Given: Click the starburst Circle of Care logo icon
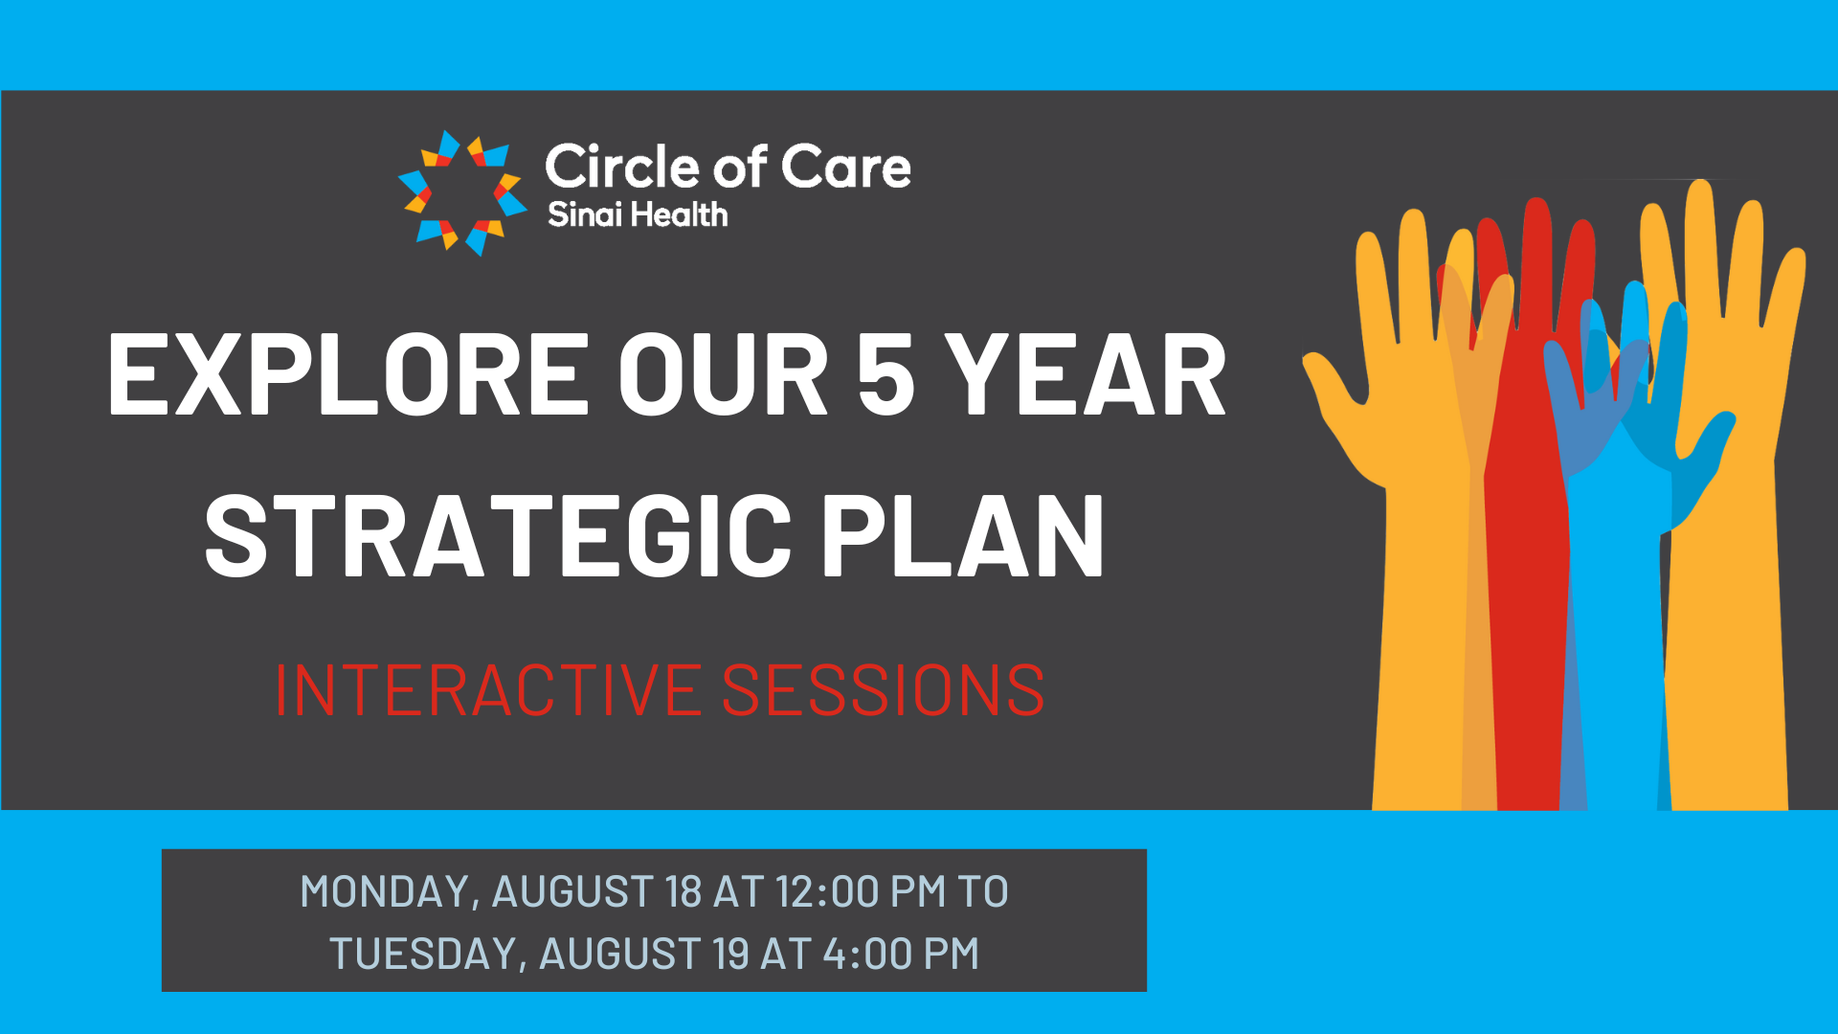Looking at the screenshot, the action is pos(462,193).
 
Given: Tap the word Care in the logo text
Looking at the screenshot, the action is pos(846,167).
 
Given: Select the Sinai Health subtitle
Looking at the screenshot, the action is pos(638,214).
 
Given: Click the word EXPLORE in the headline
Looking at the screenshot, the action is pos(348,374).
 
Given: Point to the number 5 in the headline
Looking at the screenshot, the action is pos(885,374).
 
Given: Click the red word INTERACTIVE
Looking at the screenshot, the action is pos(487,689).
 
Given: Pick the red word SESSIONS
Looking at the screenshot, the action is pos(883,689).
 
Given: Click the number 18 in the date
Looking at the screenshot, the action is pos(684,891).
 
